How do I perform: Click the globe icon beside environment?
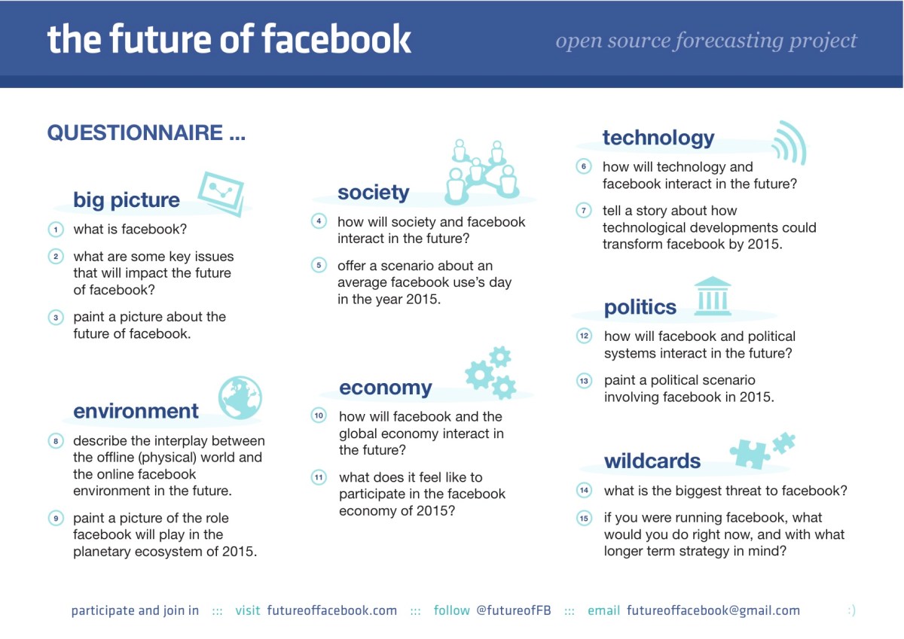pyautogui.click(x=240, y=398)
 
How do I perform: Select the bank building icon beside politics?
pyautogui.click(x=713, y=296)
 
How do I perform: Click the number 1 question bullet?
pyautogui.click(x=55, y=229)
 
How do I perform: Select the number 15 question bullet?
pyautogui.click(x=584, y=518)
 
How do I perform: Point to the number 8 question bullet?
pyautogui.click(x=55, y=441)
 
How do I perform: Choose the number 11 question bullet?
pyautogui.click(x=319, y=477)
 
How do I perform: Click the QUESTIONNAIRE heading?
pyautogui.click(x=146, y=133)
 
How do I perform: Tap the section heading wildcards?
pyautogui.click(x=652, y=461)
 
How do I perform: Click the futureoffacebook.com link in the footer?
pyautogui.click(x=331, y=610)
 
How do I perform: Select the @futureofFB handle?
pyautogui.click(x=513, y=610)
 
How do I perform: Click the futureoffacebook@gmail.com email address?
pyautogui.click(x=713, y=610)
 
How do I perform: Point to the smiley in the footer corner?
pyautogui.click(x=851, y=610)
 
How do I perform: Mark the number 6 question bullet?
pyautogui.click(x=583, y=166)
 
